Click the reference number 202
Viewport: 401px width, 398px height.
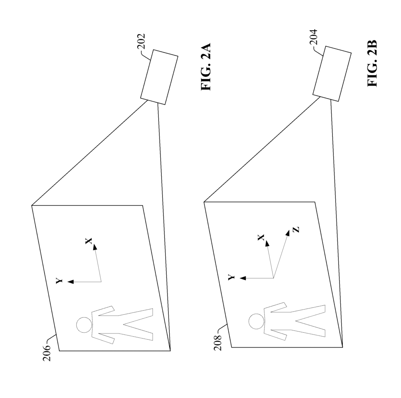[141, 41]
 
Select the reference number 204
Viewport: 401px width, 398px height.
[313, 37]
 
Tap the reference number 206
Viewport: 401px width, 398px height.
[47, 353]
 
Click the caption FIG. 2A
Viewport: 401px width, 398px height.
[206, 67]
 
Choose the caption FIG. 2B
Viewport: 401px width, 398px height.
[372, 63]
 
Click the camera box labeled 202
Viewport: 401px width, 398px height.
[159, 77]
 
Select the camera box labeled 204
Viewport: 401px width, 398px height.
[332, 74]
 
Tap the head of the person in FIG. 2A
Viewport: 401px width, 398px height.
[84, 325]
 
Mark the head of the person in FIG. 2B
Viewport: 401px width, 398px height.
[256, 321]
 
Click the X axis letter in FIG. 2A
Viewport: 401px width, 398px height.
[89, 241]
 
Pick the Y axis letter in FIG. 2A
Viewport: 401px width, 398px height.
[59, 281]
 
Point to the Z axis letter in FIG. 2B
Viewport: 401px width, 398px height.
[296, 229]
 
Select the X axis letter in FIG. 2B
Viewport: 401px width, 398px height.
[261, 238]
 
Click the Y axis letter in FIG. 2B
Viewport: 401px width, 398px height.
[231, 278]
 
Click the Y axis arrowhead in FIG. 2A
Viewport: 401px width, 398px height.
[70, 282]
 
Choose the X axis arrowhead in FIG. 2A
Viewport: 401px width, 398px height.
[95, 247]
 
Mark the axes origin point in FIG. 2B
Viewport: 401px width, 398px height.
[274, 278]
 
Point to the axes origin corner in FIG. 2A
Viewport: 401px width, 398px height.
[101, 282]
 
